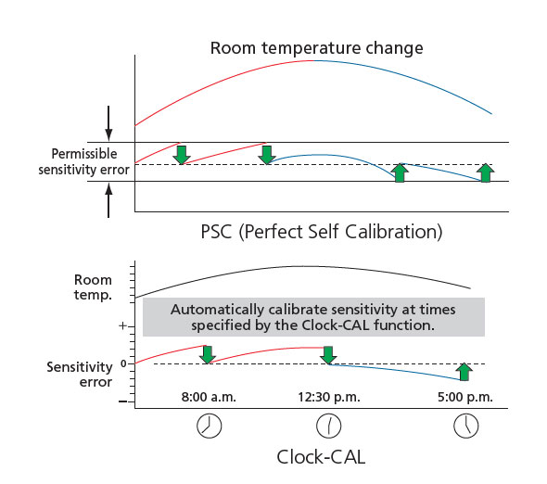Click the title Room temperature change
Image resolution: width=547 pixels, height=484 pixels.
click(316, 48)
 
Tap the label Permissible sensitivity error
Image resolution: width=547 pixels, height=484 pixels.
click(83, 161)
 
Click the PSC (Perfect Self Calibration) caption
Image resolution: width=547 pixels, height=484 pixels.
click(322, 232)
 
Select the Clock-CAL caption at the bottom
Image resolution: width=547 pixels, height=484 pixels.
click(321, 457)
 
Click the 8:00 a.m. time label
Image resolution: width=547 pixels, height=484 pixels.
click(209, 397)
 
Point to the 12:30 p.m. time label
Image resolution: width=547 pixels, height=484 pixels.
click(328, 397)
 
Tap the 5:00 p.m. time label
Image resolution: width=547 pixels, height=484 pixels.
click(465, 397)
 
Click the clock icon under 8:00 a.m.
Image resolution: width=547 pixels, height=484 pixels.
click(210, 427)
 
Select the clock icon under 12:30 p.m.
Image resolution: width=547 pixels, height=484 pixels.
click(328, 427)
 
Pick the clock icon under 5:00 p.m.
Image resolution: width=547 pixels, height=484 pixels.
click(466, 427)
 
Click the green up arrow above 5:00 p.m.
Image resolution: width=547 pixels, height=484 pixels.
click(464, 372)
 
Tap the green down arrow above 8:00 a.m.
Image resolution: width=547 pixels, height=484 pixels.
click(208, 354)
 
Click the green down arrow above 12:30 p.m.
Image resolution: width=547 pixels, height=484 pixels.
click(328, 355)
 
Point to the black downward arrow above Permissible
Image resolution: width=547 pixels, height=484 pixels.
click(108, 122)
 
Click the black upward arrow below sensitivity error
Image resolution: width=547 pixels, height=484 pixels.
click(108, 200)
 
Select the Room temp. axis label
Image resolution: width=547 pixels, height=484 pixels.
click(93, 287)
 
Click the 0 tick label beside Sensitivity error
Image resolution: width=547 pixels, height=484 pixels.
click(123, 363)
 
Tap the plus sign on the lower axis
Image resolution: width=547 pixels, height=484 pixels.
click(122, 326)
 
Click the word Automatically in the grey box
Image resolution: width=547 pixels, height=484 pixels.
click(217, 310)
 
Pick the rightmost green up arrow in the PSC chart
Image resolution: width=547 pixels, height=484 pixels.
click(486, 172)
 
